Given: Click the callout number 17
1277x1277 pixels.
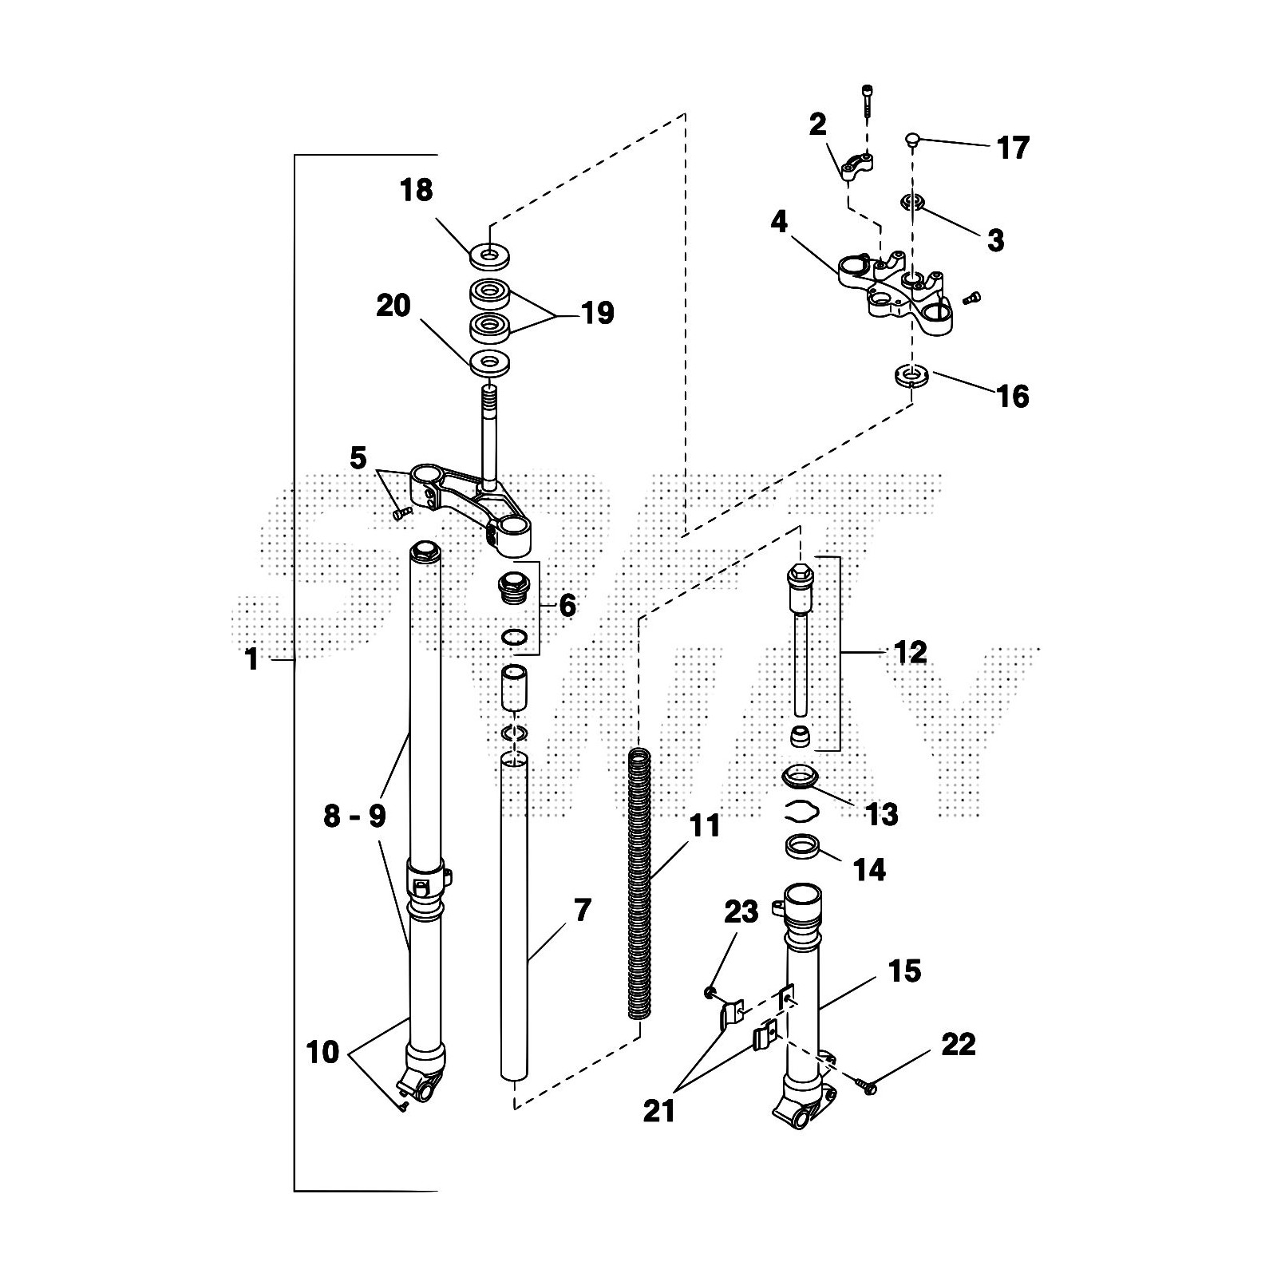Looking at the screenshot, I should (1013, 148).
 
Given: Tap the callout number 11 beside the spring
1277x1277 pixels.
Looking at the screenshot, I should (705, 826).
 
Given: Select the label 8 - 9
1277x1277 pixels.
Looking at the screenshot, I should (355, 816).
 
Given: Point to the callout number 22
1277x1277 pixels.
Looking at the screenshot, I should (959, 1044).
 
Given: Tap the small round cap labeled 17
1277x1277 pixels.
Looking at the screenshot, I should (913, 140).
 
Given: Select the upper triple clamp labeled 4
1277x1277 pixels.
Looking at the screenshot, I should (894, 291).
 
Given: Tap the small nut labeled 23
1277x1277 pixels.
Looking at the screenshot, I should (709, 992).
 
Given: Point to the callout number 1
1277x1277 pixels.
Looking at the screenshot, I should (252, 660).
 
